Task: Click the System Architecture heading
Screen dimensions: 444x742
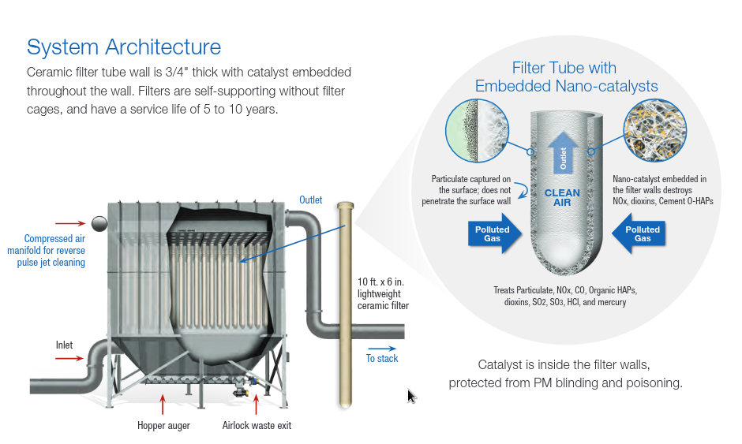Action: tap(124, 47)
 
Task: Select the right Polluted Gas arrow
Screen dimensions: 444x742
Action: tap(641, 233)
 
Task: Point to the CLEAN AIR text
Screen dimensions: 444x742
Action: tap(562, 197)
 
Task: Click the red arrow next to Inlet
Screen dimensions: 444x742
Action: tap(69, 358)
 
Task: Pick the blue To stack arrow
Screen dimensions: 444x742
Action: tap(382, 348)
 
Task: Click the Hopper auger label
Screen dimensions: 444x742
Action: tap(163, 426)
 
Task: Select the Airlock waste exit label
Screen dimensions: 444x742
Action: tap(257, 426)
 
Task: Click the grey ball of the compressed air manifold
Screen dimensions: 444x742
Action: tap(100, 224)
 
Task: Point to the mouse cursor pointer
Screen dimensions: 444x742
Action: tap(411, 396)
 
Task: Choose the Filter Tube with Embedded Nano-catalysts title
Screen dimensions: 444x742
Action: tap(566, 76)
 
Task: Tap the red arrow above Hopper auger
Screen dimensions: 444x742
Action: tap(163, 404)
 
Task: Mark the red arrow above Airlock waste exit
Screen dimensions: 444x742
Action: tap(257, 404)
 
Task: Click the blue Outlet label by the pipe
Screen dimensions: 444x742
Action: tap(310, 200)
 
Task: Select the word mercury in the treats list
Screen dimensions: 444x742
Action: tap(609, 302)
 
